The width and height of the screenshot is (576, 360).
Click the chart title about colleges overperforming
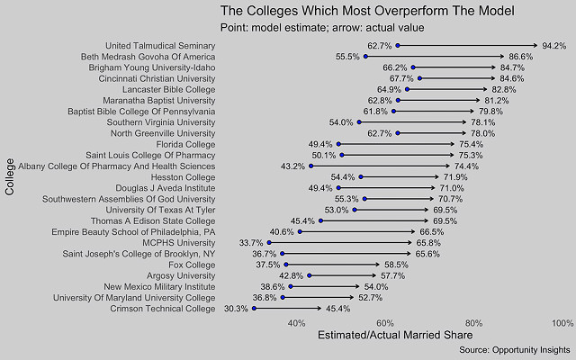367,12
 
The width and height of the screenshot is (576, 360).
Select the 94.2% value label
553,45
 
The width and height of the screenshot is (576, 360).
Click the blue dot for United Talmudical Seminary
398,45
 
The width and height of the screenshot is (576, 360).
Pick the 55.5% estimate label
347,57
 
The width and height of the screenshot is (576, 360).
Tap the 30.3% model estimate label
236,308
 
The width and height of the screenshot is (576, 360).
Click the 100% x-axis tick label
562,322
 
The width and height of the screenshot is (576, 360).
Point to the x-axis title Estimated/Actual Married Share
393,336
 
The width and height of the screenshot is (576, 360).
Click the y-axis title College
9,176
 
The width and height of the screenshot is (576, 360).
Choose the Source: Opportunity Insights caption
516,349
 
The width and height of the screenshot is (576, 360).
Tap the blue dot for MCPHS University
269,242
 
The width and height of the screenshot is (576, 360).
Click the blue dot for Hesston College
361,176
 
